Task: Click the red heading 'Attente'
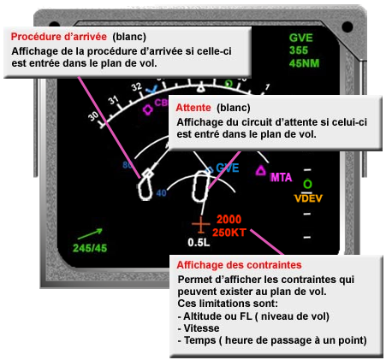pyautogui.click(x=193, y=109)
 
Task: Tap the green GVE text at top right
pyautogui.click(x=301, y=38)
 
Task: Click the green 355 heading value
pyautogui.click(x=300, y=50)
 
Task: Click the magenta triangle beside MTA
pyautogui.click(x=260, y=171)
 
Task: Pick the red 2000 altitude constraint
pyautogui.click(x=229, y=220)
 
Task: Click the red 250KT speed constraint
pyautogui.click(x=230, y=232)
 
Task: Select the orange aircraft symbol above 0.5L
pyautogui.click(x=200, y=225)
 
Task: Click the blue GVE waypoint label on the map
pyautogui.click(x=227, y=168)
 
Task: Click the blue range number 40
pyautogui.click(x=159, y=193)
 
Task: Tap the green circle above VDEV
pyautogui.click(x=307, y=185)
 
